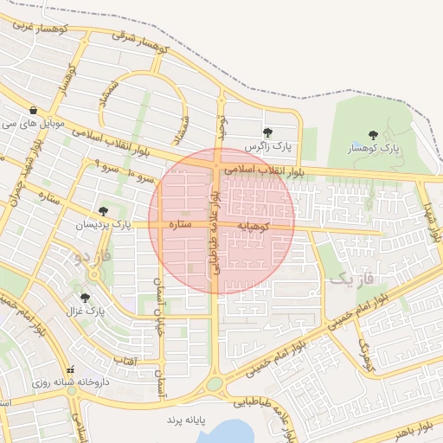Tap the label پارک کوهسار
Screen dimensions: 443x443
point(374,149)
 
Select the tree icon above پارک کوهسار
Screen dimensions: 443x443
point(373,135)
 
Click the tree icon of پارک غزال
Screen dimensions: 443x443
point(85,298)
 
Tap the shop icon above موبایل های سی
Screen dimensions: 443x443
point(33,111)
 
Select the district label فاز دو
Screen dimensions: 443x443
point(93,257)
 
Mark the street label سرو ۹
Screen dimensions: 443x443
point(102,162)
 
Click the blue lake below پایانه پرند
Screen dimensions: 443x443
point(227,431)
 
